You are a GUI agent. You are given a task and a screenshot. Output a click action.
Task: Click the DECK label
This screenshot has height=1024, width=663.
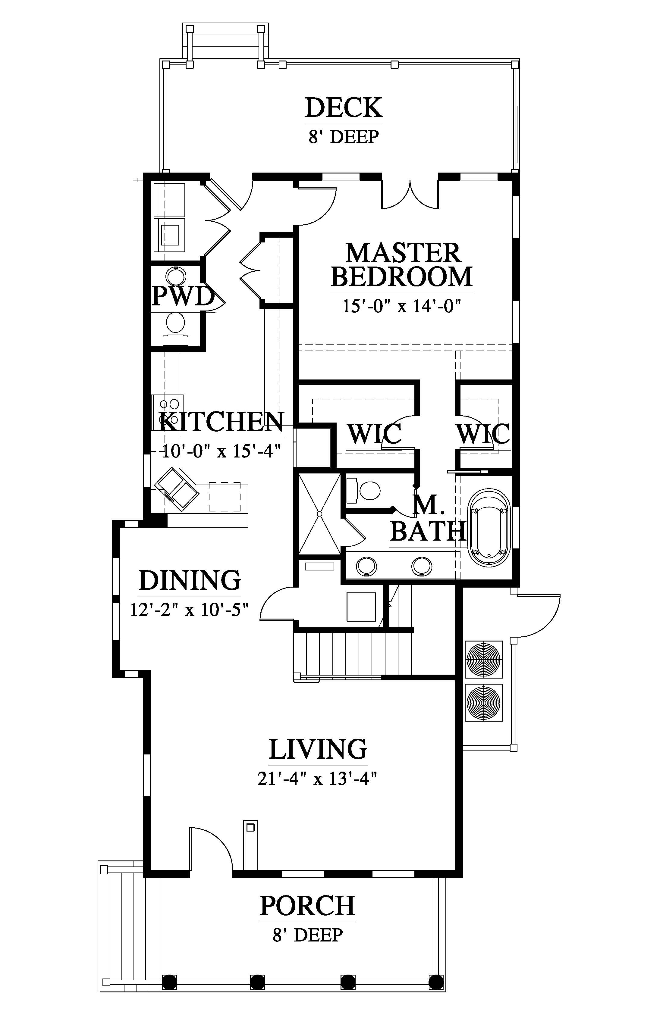[x=344, y=108]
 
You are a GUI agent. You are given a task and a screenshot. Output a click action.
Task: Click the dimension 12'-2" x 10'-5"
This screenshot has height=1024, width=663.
[x=190, y=610]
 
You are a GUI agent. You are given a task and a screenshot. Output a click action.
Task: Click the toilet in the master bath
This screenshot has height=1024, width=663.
[x=364, y=490]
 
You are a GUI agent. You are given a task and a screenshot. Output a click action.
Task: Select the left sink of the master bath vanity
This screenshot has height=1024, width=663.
[x=366, y=566]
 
